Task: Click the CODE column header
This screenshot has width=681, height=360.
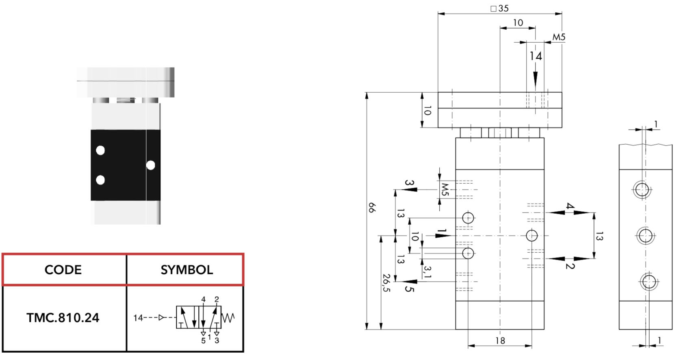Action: (x=63, y=270)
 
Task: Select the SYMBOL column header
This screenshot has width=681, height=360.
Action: (x=187, y=270)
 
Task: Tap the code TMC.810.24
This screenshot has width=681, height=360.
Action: (x=63, y=318)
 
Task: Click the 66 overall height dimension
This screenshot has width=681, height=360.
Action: (x=372, y=208)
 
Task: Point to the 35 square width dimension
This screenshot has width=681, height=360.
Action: (x=500, y=8)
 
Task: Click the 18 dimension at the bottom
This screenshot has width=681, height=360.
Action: (x=500, y=340)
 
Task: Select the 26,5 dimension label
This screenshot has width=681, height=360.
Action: (x=386, y=283)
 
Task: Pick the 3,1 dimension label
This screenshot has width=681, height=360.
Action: (x=427, y=272)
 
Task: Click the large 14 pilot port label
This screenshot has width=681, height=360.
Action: (x=536, y=56)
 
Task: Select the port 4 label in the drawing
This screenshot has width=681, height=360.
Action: (x=570, y=206)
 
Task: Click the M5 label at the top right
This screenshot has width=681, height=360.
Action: (x=559, y=37)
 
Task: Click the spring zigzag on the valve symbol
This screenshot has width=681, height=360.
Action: (x=228, y=318)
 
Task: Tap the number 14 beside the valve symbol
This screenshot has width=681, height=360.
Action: (x=138, y=318)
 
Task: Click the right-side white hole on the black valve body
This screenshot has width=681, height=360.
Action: (x=151, y=165)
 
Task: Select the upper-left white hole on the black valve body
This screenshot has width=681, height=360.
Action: (x=100, y=150)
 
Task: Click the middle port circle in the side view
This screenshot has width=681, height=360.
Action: (x=645, y=235)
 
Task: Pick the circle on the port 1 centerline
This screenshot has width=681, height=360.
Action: (x=532, y=236)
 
